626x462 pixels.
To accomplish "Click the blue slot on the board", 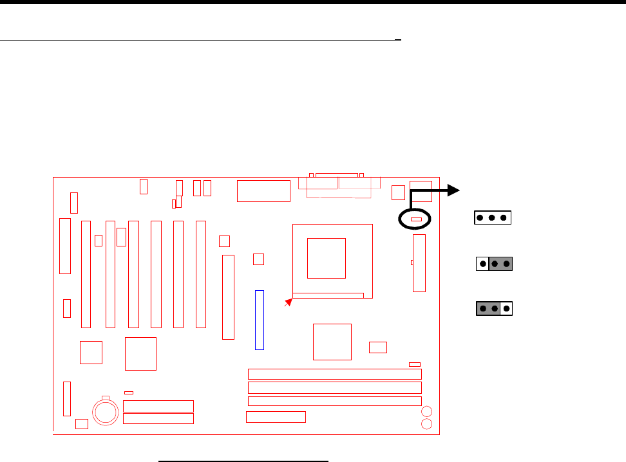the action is (x=260, y=320).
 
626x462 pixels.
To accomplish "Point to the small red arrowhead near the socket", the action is (x=289, y=301).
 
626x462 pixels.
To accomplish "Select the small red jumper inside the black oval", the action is (x=416, y=219).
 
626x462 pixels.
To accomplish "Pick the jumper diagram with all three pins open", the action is (x=492, y=217).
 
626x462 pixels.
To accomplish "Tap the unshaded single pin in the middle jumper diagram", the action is (x=482, y=264).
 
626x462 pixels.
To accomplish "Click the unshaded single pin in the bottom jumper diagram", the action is (x=507, y=309).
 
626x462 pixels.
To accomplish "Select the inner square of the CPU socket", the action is (x=326, y=257).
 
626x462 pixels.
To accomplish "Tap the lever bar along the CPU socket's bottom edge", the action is (x=328, y=296).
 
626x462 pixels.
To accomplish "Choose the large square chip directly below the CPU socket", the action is (x=332, y=342).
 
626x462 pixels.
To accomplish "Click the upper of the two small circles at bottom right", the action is (x=426, y=412).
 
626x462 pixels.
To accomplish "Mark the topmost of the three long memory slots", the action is (x=335, y=374).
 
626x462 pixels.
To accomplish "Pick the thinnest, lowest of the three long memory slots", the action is (x=335, y=401).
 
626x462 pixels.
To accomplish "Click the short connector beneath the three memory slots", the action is (x=276, y=416).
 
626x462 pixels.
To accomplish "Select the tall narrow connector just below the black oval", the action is (x=419, y=263).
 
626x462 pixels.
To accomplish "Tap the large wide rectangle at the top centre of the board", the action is (x=263, y=191).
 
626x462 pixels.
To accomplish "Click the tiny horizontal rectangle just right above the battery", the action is (x=129, y=392).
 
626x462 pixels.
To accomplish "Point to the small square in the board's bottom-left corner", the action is (x=81, y=423).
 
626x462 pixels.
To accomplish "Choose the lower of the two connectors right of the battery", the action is (x=158, y=418).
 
